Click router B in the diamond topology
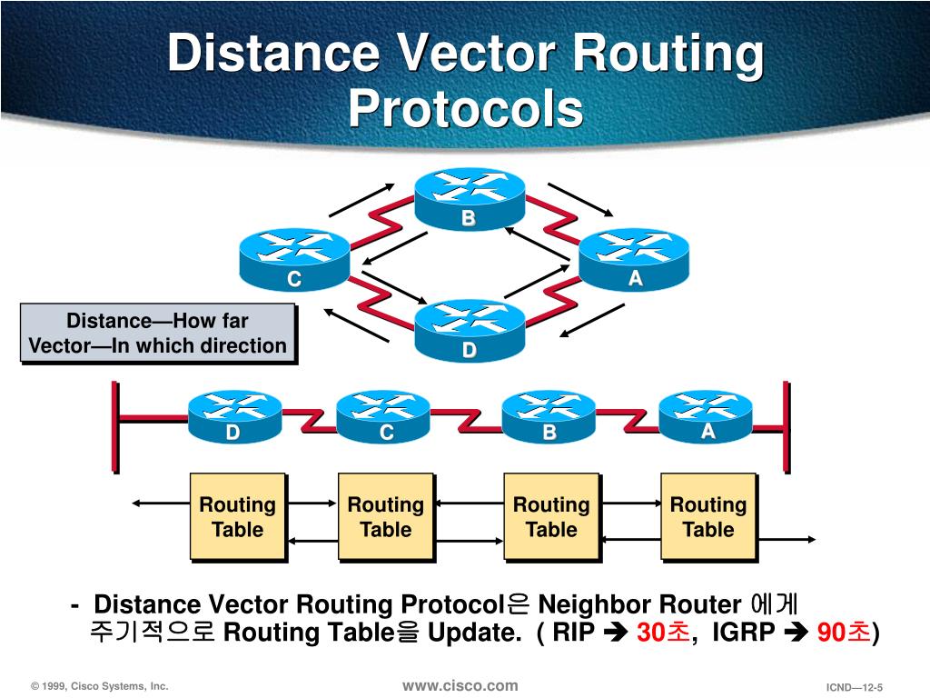click(x=470, y=200)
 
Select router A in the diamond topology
click(x=634, y=259)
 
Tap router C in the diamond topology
click(x=293, y=260)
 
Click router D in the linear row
click(x=234, y=417)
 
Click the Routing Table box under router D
click(x=237, y=516)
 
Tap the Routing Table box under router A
click(x=707, y=516)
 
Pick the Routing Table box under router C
click(x=386, y=516)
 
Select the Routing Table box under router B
click(x=551, y=516)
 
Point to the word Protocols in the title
click(x=465, y=108)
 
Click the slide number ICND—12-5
click(x=854, y=687)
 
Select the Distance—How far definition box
click(x=158, y=333)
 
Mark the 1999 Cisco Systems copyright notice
click(x=99, y=686)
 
